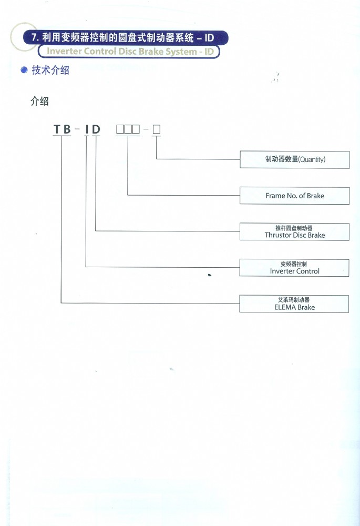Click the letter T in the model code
pyautogui.click(x=57, y=129)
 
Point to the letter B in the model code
pyautogui.click(x=67, y=129)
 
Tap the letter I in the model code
pyautogui.click(x=87, y=129)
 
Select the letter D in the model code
pyautogui.click(x=96, y=129)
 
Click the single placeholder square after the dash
pyautogui.click(x=157, y=129)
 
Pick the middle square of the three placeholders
pyautogui.click(x=128, y=129)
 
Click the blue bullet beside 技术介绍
pyautogui.click(x=24, y=70)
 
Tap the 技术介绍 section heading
pyautogui.click(x=50, y=70)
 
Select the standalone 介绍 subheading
pyautogui.click(x=39, y=101)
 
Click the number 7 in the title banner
pyautogui.click(x=34, y=37)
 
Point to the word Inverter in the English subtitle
pyautogui.click(x=64, y=52)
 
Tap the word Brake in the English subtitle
pyautogui.click(x=151, y=52)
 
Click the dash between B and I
pyautogui.click(x=78, y=128)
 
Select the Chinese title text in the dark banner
pyautogui.click(x=118, y=37)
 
